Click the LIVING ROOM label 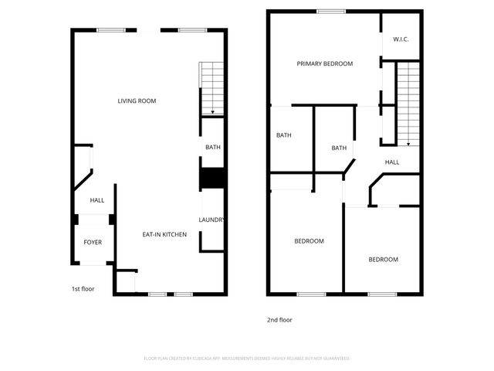point(137,101)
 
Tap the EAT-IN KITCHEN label point(164,234)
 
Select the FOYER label point(93,243)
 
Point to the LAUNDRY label point(211,220)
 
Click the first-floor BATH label point(212,148)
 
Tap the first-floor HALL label point(97,201)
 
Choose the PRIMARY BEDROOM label point(324,64)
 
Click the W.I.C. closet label point(401,39)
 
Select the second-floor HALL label point(392,162)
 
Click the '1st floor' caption point(83,289)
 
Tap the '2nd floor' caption point(280,320)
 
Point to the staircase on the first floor point(211,87)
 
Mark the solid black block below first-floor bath point(212,179)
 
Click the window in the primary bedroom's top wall point(331,11)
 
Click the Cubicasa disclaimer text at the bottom point(247,359)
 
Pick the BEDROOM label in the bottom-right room point(383,260)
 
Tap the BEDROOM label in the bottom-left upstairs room point(309,241)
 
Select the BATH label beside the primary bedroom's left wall point(284,136)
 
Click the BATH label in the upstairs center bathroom point(339,148)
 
